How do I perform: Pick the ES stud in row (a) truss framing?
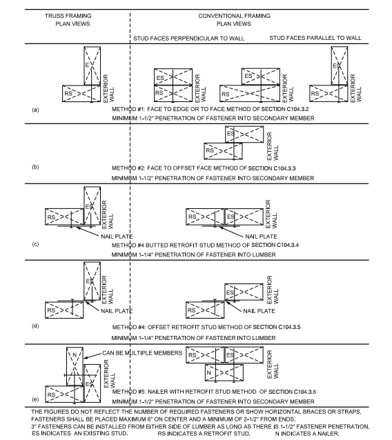coord(91,65)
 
